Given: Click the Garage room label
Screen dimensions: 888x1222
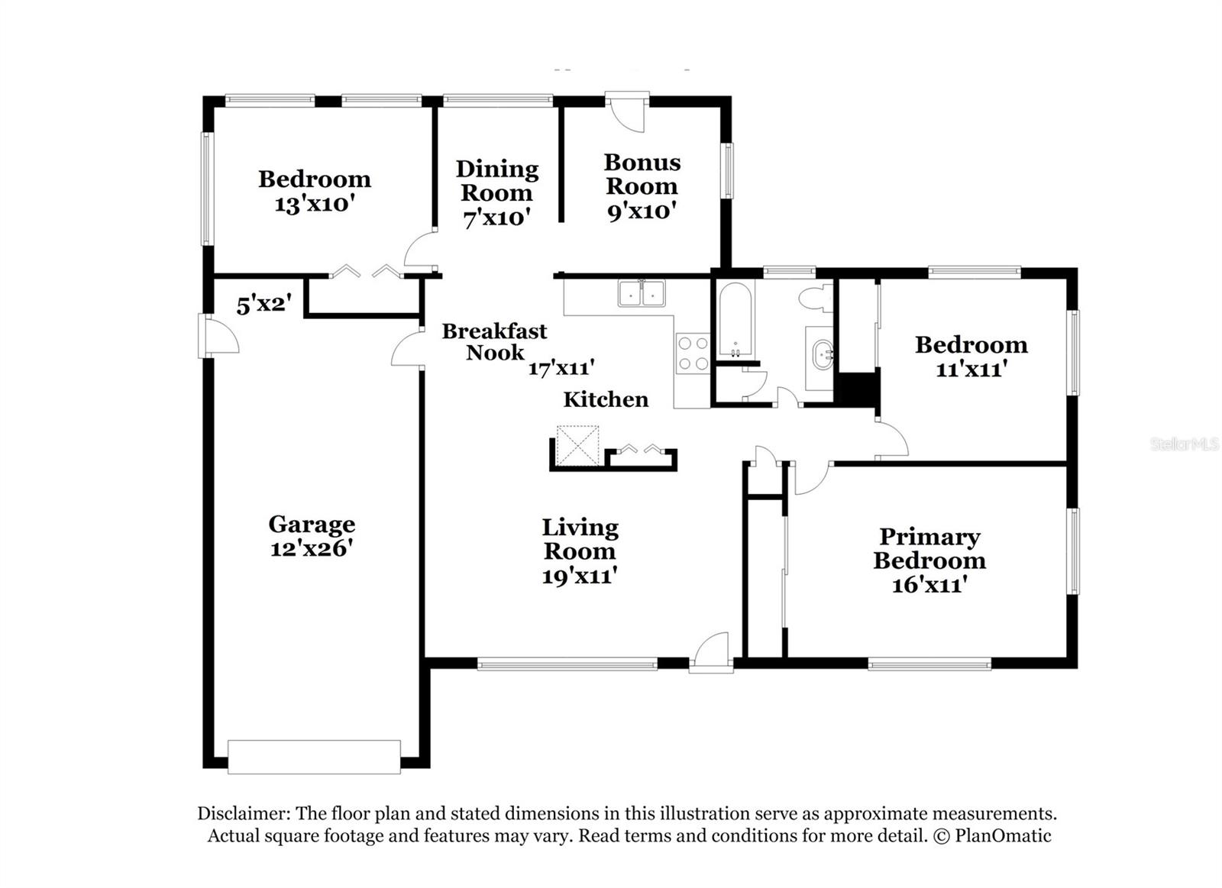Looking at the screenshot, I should (312, 525).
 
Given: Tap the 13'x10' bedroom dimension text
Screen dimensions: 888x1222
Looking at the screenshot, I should (315, 204).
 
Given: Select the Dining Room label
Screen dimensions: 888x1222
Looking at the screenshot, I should (497, 181).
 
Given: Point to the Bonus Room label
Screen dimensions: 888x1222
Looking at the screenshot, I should (642, 174).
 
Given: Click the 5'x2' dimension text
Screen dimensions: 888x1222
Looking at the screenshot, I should (263, 305).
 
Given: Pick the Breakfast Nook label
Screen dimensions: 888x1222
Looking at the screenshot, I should (494, 341).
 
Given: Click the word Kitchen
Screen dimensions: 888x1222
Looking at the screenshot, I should (606, 399).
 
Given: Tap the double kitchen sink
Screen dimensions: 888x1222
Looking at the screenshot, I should (642, 293).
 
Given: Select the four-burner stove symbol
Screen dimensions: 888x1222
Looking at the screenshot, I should (693, 354).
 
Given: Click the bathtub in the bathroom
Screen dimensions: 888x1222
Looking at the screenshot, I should (735, 319).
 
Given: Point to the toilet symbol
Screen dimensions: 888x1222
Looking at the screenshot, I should (815, 299).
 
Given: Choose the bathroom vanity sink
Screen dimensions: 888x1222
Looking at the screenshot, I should (822, 356).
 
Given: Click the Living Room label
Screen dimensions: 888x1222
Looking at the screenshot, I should (580, 539).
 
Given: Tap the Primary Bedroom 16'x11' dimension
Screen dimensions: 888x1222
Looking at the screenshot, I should (929, 585).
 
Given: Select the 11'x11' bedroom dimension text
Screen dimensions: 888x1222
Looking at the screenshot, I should (971, 370).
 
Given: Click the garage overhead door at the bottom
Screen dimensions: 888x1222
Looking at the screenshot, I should (314, 756).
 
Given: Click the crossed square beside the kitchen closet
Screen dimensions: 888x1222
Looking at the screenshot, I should (577, 446).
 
